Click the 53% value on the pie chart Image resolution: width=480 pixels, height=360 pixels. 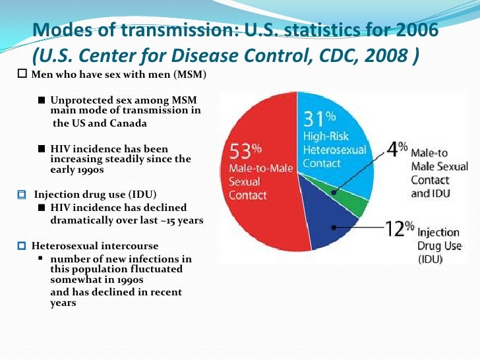[243, 152]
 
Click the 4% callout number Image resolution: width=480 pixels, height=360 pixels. [395, 148]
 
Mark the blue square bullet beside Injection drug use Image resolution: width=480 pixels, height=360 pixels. [22, 195]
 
